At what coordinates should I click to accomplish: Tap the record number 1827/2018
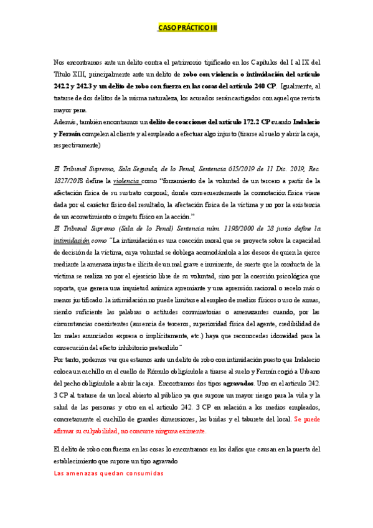[70, 181]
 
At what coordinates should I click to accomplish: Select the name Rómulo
[185, 372]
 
